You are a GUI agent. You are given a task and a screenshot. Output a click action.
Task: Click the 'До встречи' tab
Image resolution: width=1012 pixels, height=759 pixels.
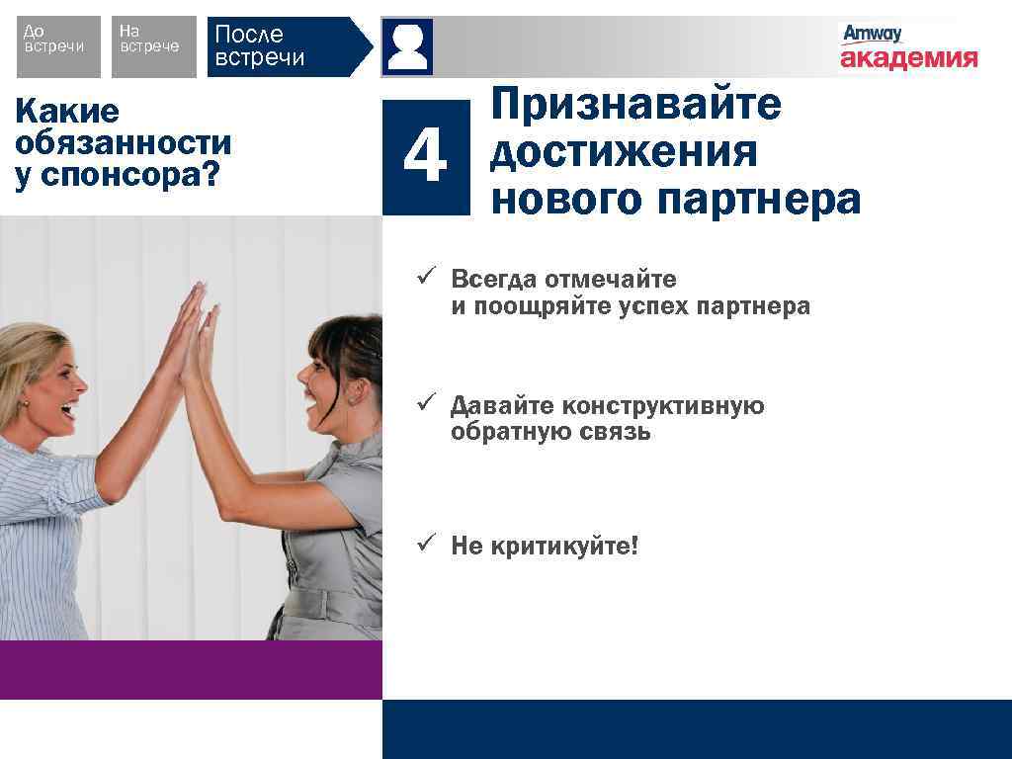[58, 46]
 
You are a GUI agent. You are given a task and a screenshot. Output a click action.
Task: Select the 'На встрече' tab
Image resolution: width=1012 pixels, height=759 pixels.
[152, 46]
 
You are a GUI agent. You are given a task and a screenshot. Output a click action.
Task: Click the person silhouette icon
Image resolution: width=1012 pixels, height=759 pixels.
[408, 46]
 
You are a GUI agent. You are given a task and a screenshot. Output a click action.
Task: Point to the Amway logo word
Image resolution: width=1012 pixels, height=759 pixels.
[872, 34]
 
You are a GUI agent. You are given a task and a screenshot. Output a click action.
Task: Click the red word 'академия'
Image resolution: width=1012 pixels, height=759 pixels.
[908, 58]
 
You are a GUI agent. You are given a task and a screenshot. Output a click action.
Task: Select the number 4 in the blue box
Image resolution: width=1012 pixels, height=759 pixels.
[426, 157]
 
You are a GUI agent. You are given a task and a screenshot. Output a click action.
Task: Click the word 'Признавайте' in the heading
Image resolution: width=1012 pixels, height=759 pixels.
[635, 104]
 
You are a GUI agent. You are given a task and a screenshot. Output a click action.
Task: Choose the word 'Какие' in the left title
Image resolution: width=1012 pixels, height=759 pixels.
[67, 112]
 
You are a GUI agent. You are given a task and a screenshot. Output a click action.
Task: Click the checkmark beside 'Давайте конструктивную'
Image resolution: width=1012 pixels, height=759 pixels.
[426, 404]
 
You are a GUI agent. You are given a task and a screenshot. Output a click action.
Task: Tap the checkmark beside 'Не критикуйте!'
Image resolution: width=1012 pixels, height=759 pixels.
[426, 544]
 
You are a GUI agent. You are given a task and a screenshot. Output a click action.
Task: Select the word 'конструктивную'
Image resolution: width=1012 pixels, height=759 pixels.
[663, 405]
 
